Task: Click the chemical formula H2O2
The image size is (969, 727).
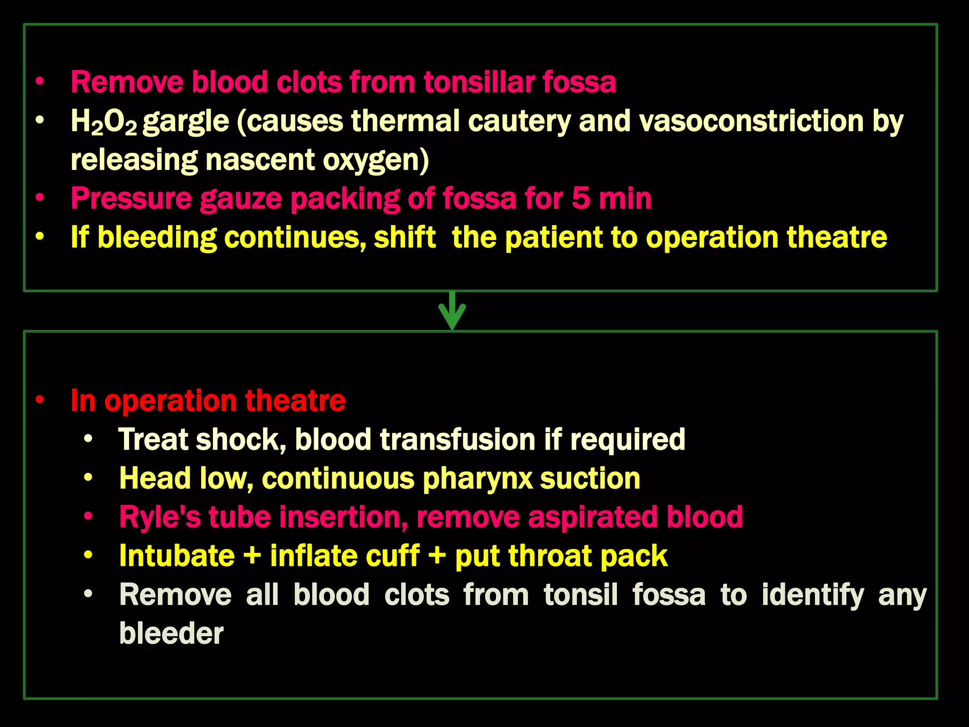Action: [104, 122]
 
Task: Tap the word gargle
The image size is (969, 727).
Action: [186, 122]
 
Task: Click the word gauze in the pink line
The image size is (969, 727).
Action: [241, 199]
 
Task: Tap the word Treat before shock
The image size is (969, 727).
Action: [153, 440]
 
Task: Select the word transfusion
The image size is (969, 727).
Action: [457, 440]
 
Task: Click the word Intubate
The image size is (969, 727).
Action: [176, 556]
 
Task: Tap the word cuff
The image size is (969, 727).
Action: [396, 556]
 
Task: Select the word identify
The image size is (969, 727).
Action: [812, 595]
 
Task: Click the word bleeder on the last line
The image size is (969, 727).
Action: [171, 633]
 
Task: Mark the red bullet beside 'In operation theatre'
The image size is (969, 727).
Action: [40, 400]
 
